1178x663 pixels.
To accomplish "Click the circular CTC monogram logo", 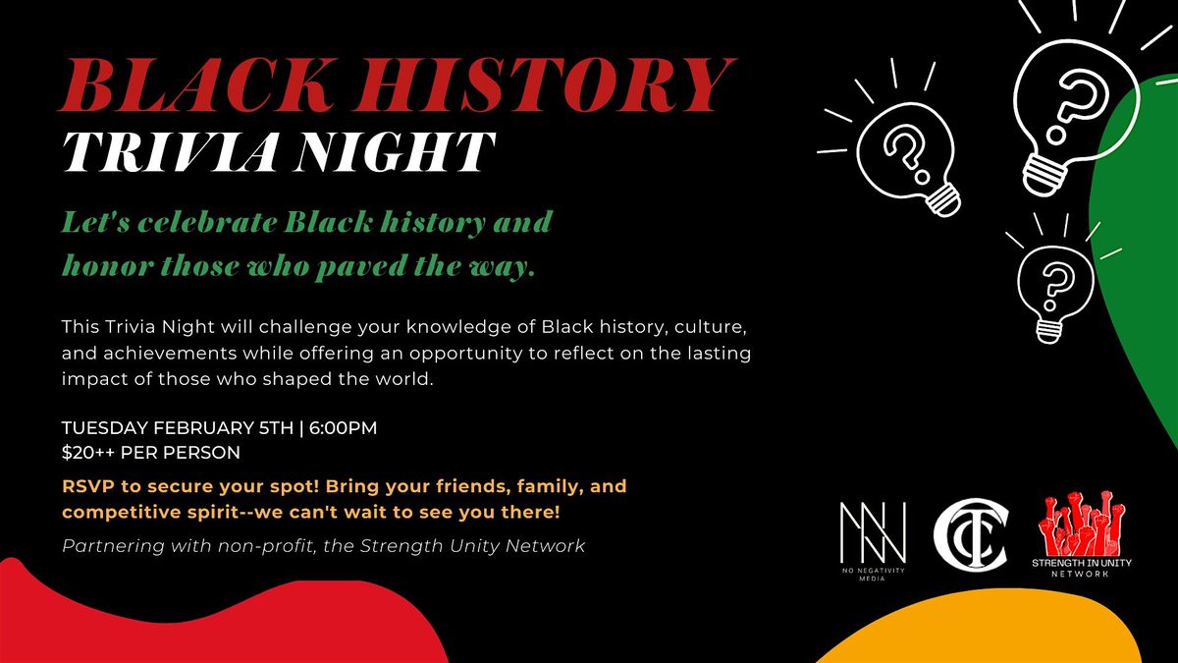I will tap(969, 537).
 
